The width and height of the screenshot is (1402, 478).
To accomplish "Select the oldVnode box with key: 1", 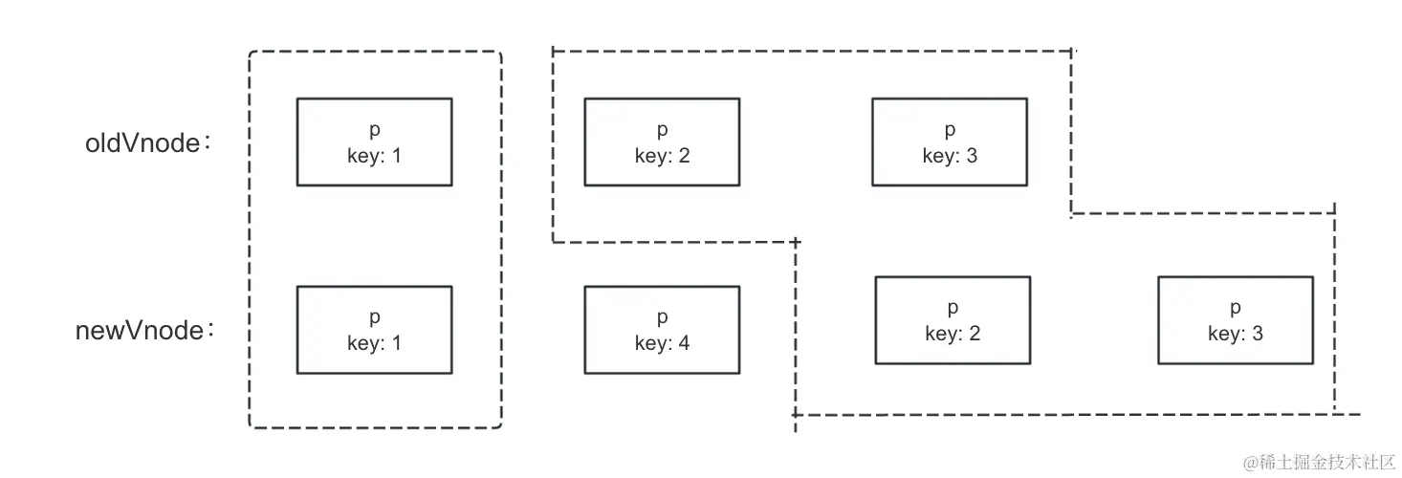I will [374, 141].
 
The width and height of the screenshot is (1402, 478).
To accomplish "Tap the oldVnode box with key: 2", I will [661, 141].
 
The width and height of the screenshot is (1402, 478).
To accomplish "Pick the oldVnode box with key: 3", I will [949, 141].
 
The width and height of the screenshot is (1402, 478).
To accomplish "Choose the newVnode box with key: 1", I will [374, 330].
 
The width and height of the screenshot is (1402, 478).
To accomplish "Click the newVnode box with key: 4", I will [661, 330].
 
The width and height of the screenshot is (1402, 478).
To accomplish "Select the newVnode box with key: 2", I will [953, 320].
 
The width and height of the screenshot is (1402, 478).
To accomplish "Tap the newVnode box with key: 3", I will [1235, 320].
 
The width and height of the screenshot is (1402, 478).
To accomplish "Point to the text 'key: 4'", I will [662, 342].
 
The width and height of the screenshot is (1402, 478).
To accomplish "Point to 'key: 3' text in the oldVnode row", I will [950, 155].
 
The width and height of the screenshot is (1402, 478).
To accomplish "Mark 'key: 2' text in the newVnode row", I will [953, 334].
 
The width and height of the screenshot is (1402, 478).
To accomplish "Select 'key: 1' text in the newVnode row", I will [374, 342].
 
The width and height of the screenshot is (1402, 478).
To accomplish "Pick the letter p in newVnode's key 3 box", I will [1236, 309].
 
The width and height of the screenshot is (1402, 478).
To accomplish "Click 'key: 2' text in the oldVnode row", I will [662, 155].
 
